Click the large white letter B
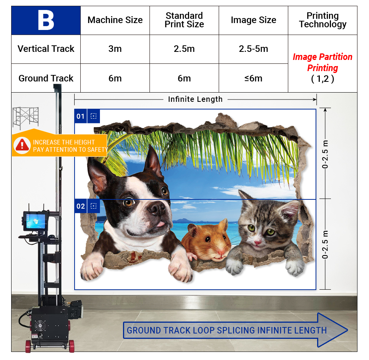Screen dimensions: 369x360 pyautogui.click(x=46, y=20)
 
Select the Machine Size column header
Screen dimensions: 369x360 pyautogui.click(x=115, y=20)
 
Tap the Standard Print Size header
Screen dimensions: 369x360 pyautogui.click(x=184, y=20)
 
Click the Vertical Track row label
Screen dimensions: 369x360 pyautogui.click(x=46, y=49)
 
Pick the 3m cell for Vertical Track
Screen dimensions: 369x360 pyautogui.click(x=115, y=49)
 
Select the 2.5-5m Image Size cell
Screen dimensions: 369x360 pyautogui.click(x=253, y=49)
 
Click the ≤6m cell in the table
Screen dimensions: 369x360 pyautogui.click(x=253, y=78)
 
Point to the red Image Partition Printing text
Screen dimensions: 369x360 pyautogui.click(x=322, y=62)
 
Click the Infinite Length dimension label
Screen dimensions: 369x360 pyautogui.click(x=195, y=99)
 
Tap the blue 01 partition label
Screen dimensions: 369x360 pyautogui.click(x=80, y=116)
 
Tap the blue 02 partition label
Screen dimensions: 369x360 pyautogui.click(x=80, y=206)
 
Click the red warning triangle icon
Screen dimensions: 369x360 pyautogui.click(x=22, y=144)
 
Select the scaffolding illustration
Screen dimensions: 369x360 pyautogui.click(x=26, y=118)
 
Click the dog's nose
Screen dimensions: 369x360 pyautogui.click(x=156, y=208)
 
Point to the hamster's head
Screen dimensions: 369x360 pyautogui.click(x=208, y=240)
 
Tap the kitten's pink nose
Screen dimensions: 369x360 pyautogui.click(x=257, y=242)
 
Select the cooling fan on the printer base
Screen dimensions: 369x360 pyautogui.click(x=40, y=326)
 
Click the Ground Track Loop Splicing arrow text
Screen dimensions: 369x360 pyautogui.click(x=227, y=330)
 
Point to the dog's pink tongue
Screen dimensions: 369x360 pyautogui.click(x=161, y=224)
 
